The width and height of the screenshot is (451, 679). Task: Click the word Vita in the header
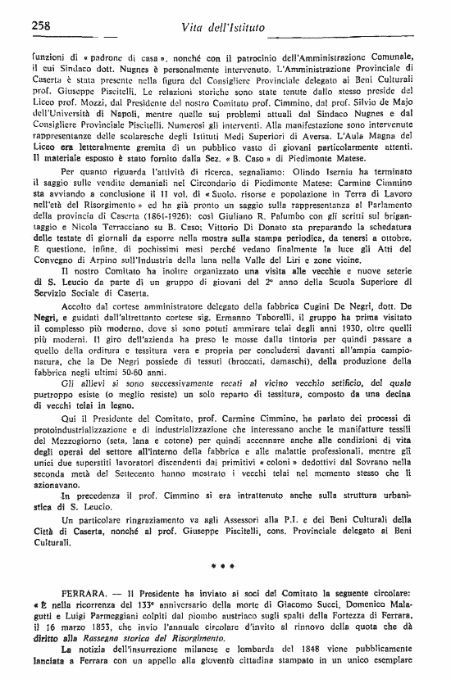click(195, 29)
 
